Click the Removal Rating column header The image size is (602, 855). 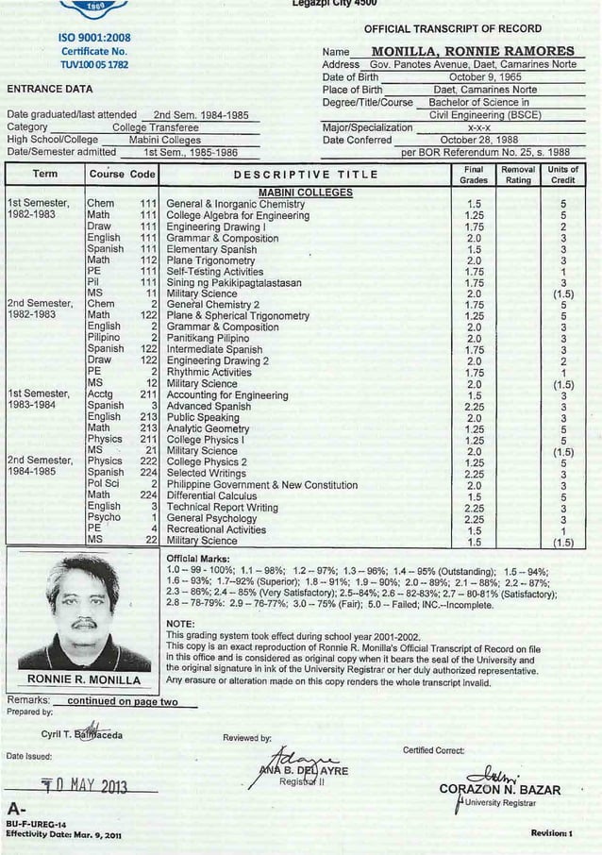click(x=518, y=175)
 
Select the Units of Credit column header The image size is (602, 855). click(x=563, y=175)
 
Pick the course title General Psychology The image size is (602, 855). click(x=211, y=518)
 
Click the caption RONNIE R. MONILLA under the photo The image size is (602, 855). click(x=84, y=679)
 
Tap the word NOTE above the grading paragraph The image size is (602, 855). click(x=179, y=624)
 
